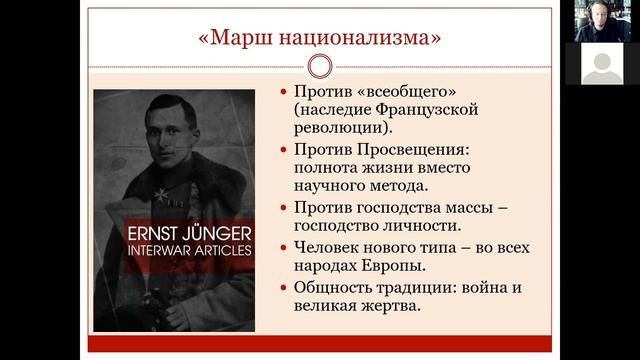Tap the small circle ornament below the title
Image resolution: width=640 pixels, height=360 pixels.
pos(319,67)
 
